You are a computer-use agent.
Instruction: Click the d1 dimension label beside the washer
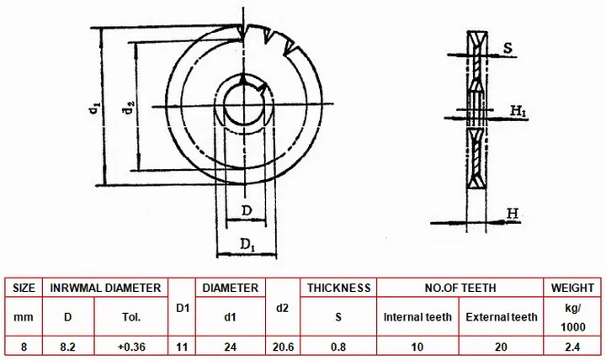click(94, 109)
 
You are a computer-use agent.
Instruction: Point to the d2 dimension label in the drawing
click(128, 108)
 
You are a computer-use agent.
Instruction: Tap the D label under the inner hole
click(247, 211)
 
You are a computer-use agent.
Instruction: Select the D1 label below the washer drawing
click(247, 245)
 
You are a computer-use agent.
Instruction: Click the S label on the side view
click(508, 48)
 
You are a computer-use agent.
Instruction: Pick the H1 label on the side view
click(518, 111)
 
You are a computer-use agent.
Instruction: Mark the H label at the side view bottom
click(513, 214)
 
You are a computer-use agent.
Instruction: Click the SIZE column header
click(24, 288)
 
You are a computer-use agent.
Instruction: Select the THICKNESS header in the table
click(338, 288)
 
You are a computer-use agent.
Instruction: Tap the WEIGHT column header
click(572, 288)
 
